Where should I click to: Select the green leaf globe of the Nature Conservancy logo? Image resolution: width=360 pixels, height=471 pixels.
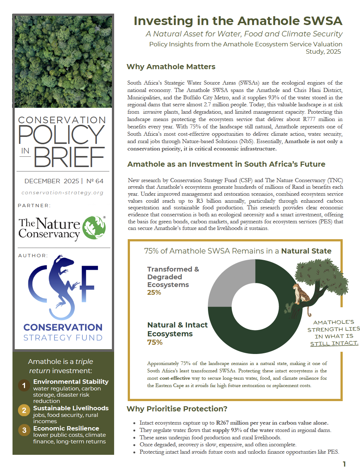(94, 228)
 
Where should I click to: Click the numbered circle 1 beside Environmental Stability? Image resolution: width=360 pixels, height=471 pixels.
(24, 385)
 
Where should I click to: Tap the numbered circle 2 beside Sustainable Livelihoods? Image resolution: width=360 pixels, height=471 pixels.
(24, 410)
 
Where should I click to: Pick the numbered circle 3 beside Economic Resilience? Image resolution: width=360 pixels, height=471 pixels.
(24, 430)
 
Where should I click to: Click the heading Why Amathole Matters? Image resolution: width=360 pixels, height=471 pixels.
(171, 67)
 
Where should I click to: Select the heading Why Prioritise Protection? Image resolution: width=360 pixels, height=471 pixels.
(177, 409)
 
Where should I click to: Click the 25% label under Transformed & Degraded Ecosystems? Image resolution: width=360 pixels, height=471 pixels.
(154, 293)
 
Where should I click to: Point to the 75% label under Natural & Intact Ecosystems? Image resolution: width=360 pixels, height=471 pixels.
(155, 342)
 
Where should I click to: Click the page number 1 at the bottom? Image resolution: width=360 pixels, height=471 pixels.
(344, 464)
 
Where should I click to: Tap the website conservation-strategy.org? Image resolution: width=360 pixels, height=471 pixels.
(63, 192)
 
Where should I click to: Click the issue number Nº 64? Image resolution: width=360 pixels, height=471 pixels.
(95, 181)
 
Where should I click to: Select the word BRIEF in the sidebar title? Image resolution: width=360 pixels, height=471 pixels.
(70, 157)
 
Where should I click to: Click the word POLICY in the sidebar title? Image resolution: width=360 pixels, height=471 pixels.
(62, 135)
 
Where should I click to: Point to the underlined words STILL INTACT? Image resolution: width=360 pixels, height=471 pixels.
(334, 343)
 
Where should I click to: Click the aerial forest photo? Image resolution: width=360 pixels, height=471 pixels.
(63, 62)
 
